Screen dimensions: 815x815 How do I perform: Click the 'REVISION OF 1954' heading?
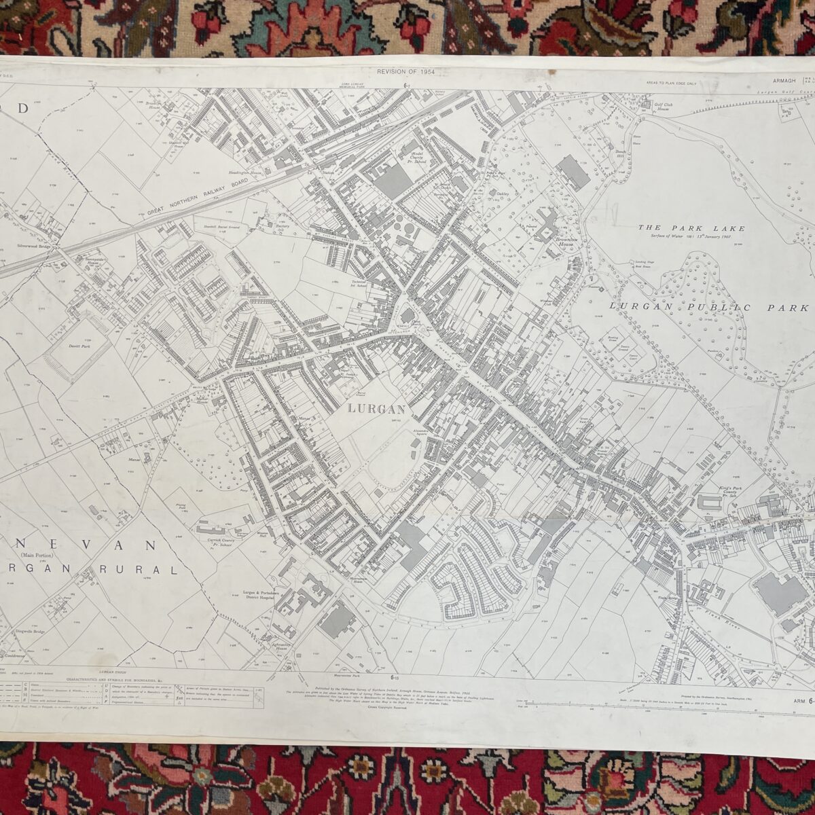tap(405, 71)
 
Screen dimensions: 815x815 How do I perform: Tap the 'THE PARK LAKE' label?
tap(691, 229)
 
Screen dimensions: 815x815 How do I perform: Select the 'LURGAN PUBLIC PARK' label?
tap(700, 308)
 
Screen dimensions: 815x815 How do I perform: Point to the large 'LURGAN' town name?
tap(376, 409)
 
